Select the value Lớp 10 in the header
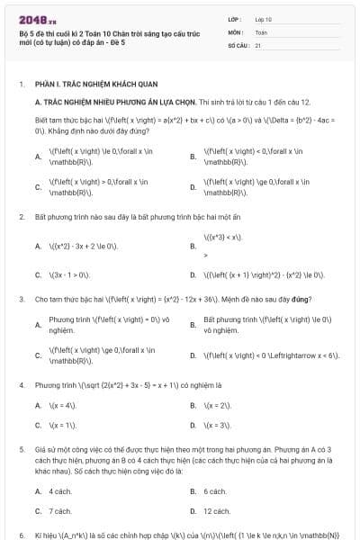(x=263, y=18)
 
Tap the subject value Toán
(x=261, y=31)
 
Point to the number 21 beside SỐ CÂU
(x=258, y=44)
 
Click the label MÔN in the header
(x=236, y=31)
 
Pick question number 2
(x=22, y=217)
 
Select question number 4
(x=22, y=384)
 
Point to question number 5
(x=22, y=446)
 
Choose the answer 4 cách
(x=59, y=491)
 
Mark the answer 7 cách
(x=59, y=510)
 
